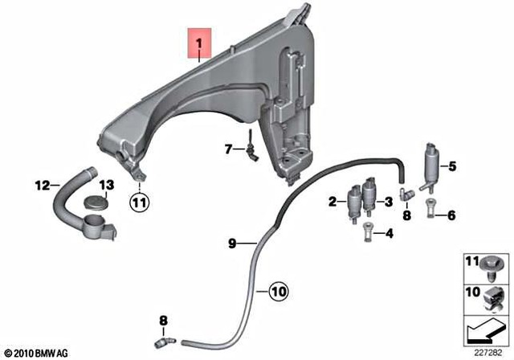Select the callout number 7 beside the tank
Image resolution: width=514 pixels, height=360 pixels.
(x=228, y=148)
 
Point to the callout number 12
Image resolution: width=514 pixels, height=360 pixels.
(x=42, y=185)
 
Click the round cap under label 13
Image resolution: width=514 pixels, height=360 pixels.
(x=96, y=202)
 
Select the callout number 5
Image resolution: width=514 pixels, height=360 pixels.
(x=451, y=166)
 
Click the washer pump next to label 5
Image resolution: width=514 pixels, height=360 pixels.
(x=429, y=166)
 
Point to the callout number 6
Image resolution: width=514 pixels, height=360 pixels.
(x=451, y=215)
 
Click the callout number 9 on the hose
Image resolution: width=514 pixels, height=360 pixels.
(x=231, y=243)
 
